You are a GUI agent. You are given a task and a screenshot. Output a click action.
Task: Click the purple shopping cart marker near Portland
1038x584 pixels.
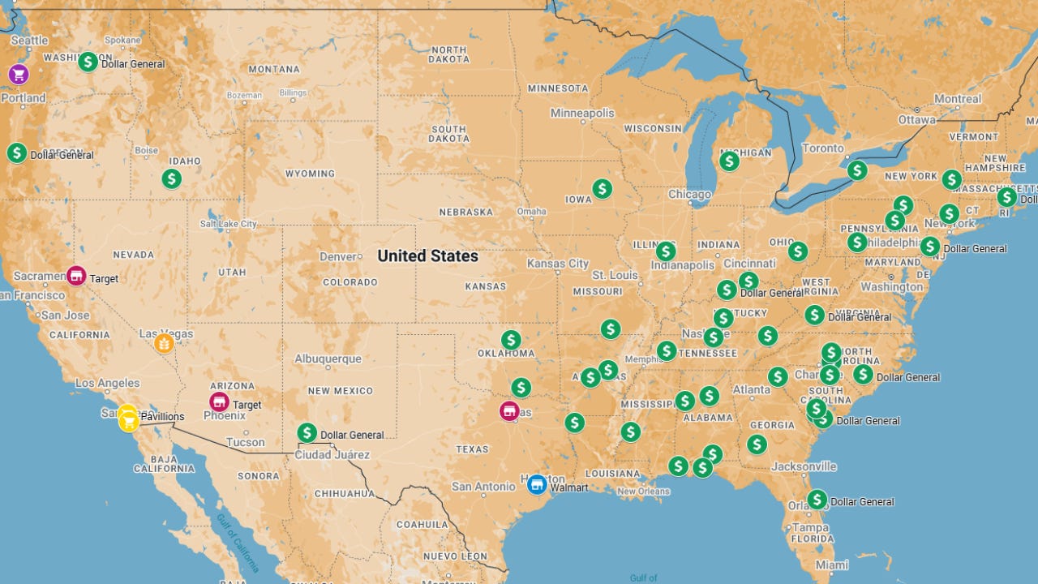19,75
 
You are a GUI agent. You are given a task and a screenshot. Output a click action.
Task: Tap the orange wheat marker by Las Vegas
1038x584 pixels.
164,343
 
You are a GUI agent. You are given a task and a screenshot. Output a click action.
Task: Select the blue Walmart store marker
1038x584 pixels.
536,485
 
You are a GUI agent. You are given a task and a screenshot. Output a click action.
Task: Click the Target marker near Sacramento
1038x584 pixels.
76,276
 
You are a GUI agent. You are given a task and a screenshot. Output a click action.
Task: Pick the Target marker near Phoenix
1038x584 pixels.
219,401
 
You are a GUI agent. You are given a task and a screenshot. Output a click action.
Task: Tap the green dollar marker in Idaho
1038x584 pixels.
171,178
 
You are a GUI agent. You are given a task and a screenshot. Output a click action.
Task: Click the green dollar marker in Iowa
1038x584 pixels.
602,189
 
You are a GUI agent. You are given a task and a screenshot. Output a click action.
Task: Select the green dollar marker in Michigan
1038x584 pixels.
729,161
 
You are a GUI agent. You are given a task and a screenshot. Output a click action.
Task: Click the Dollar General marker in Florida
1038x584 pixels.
817,500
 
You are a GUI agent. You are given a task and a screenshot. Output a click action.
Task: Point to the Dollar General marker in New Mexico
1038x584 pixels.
307,433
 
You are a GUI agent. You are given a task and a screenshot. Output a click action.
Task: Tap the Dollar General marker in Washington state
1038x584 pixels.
88,62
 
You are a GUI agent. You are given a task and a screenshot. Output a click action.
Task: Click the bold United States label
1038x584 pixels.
427,256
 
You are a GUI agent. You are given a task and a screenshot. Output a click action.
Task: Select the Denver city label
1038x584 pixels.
337,256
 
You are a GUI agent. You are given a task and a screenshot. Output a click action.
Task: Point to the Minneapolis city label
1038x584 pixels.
582,113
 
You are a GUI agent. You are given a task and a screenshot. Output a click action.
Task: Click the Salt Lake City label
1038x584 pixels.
228,224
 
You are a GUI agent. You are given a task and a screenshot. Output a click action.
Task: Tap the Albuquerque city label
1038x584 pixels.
328,359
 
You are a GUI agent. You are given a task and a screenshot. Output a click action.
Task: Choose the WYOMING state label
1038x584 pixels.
310,174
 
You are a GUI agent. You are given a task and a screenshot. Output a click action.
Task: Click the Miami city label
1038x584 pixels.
832,565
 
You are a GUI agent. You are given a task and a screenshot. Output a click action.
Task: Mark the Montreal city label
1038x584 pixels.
958,99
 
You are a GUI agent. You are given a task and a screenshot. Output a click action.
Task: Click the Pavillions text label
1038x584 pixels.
162,417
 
